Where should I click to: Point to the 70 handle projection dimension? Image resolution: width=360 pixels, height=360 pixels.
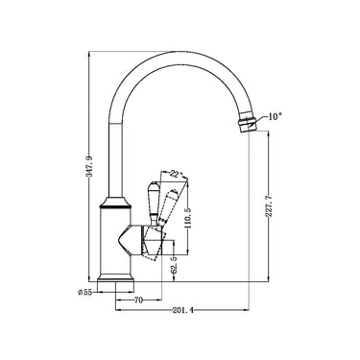tap(138, 300)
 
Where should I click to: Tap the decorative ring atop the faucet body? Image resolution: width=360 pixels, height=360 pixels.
tap(118, 204)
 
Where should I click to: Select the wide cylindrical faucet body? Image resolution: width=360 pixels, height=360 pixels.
tap(118, 240)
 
